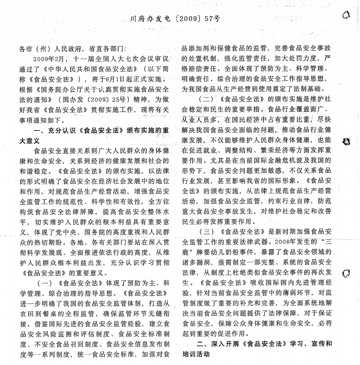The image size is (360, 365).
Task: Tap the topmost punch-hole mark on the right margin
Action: coord(347,15)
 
